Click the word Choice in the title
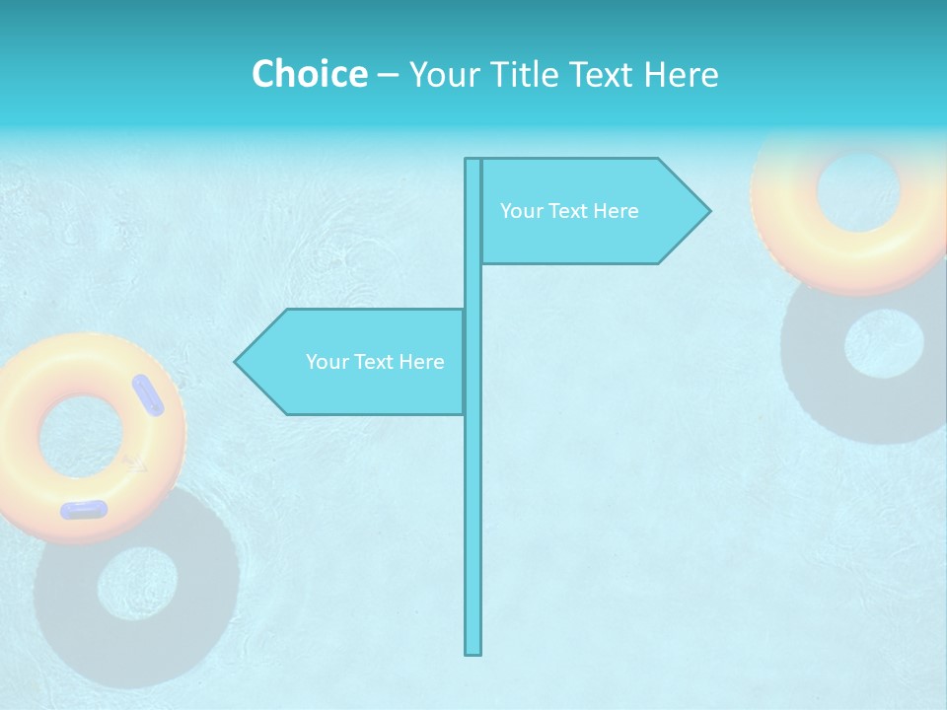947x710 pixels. click(x=309, y=74)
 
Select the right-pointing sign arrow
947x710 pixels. click(x=592, y=211)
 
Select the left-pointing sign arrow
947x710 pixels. click(x=355, y=362)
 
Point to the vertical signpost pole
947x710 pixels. click(x=473, y=493)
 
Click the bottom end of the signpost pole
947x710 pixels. click(x=473, y=651)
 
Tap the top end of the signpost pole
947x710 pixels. click(x=473, y=162)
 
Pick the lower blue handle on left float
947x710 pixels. click(x=84, y=509)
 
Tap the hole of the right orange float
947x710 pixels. click(x=858, y=190)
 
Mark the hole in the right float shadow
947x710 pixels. click(x=884, y=344)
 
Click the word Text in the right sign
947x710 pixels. click(x=570, y=211)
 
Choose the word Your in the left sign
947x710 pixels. click(x=328, y=362)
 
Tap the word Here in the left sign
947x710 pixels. click(x=421, y=362)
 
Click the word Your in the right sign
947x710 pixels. click(x=522, y=211)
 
